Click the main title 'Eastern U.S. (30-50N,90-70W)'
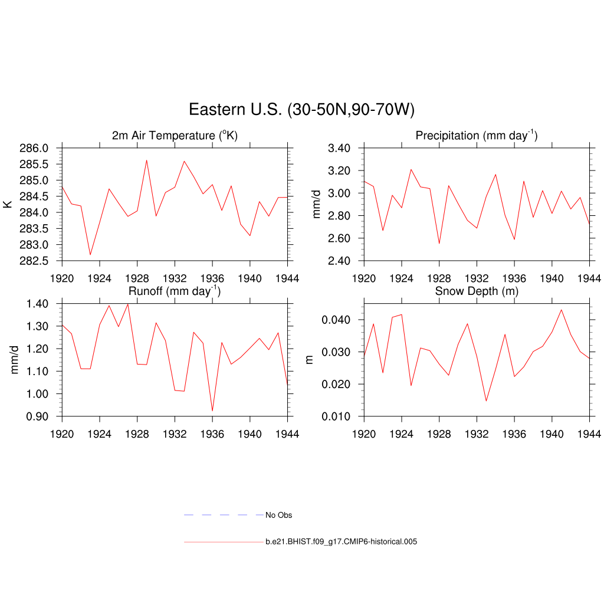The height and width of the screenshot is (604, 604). pos(301,110)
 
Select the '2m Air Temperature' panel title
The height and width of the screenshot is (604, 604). pos(175,136)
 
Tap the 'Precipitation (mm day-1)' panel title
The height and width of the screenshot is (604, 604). pos(477,136)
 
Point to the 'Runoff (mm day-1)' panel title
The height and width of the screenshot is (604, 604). pos(175,291)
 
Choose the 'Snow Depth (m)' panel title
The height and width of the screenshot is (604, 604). pos(477,291)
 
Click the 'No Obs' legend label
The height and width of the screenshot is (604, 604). pos(278,515)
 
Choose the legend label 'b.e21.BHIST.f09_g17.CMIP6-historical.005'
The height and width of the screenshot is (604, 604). pos(341,541)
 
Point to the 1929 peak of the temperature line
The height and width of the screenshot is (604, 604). pos(146,160)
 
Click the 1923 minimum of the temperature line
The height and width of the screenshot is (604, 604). pos(90,255)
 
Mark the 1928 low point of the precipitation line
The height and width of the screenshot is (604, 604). pos(439,244)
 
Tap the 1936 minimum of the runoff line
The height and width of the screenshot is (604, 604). pos(212,411)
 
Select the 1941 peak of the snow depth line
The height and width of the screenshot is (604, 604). pos(561,310)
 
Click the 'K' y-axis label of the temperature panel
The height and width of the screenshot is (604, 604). pos(8,204)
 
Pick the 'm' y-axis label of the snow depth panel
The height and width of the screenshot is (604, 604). pos(309,360)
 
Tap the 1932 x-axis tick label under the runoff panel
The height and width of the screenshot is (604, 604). pos(175,435)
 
